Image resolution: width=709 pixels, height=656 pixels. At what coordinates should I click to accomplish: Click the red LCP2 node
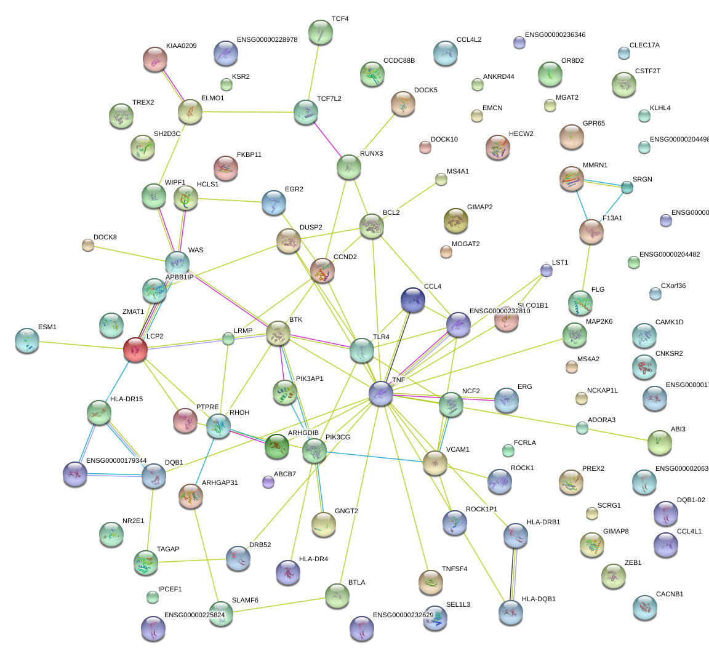135,349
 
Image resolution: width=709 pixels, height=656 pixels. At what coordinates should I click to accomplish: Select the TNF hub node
381,393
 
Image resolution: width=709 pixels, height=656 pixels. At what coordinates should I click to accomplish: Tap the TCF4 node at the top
320,32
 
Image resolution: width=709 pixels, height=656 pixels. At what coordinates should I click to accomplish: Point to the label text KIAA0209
181,46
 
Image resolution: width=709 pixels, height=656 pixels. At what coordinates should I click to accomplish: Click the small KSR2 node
226,85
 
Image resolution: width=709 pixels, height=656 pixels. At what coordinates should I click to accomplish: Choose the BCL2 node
372,226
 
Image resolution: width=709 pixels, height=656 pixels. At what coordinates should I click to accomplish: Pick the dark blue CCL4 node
412,299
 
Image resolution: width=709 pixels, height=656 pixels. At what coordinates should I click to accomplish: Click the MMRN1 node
572,178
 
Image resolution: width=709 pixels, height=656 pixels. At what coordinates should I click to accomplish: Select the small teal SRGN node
627,187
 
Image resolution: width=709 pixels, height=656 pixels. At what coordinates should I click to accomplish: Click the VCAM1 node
435,463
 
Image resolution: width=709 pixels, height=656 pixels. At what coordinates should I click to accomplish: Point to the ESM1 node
26,340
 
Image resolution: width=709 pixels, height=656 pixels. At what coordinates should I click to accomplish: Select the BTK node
278,333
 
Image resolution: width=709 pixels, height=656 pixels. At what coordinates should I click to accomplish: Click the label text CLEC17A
644,46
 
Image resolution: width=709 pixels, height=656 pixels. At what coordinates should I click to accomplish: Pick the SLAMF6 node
221,615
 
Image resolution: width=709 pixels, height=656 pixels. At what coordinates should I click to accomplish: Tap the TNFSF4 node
430,582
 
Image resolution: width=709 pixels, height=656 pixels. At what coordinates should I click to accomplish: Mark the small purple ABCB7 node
268,482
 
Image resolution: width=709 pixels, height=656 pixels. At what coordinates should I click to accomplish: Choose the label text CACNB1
670,594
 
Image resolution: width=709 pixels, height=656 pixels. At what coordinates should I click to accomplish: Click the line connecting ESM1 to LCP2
80,345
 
